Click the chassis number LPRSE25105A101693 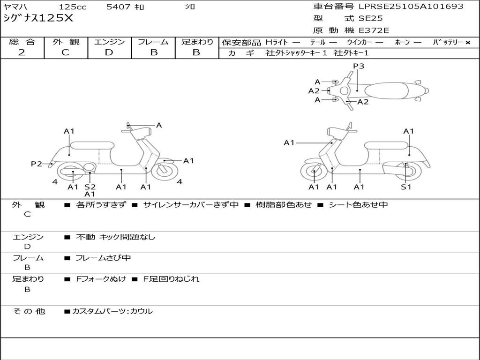coord(411,7)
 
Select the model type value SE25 coord(371,19)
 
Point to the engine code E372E coord(374,31)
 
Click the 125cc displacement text coord(73,7)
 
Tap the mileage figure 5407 coord(119,7)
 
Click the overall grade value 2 coord(22,52)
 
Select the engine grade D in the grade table coord(109,52)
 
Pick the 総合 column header coord(22,42)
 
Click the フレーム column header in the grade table coord(153,42)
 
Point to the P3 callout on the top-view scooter coord(359,66)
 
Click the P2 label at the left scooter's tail coord(37,164)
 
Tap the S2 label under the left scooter coord(90,187)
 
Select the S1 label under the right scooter coord(406,187)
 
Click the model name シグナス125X coord(38,19)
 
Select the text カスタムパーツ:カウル coord(112,311)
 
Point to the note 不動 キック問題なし coord(115,237)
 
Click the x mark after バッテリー coord(467,43)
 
